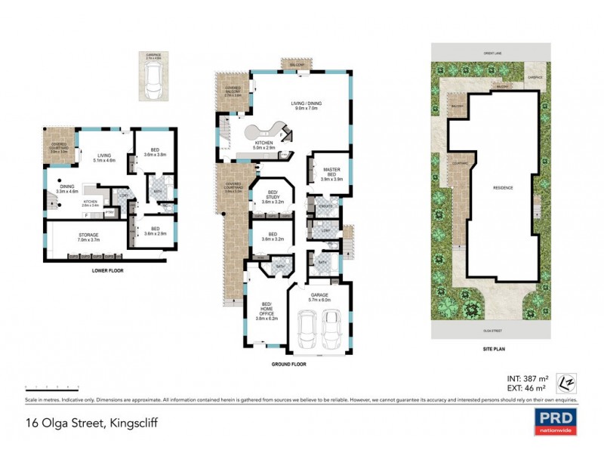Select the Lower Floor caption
coord(107,270)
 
